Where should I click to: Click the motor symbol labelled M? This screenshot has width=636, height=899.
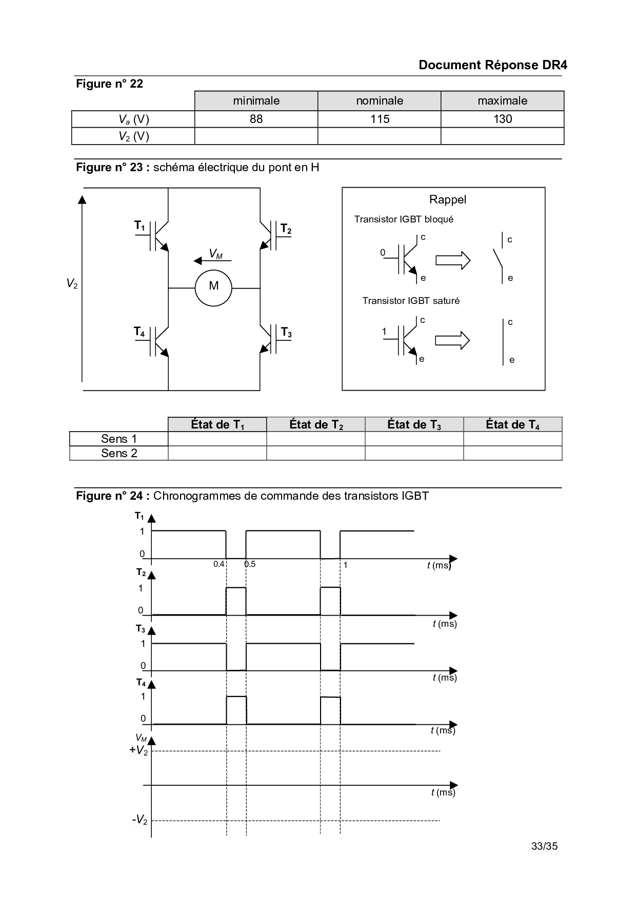coord(213,288)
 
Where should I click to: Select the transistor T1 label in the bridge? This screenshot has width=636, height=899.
coord(140,226)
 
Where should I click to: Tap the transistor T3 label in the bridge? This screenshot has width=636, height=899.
coord(286,333)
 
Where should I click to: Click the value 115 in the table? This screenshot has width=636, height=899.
coord(380,119)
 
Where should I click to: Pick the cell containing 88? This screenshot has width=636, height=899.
coord(256,119)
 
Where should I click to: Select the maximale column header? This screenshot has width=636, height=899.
coord(502,100)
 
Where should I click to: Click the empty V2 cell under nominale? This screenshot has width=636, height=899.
coord(380,136)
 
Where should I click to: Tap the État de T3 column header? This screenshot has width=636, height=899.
coord(414,424)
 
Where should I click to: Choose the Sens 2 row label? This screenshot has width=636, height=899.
coord(119,453)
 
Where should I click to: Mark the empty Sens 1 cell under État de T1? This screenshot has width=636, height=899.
coord(217,439)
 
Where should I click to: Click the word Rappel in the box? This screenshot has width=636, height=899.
coord(447,199)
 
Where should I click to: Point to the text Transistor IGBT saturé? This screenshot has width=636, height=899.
coord(411,301)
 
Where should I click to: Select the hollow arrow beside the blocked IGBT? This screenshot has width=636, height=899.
coord(452,260)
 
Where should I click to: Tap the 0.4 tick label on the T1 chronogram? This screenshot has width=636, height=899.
coord(219,564)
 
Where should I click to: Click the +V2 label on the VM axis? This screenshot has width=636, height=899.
coord(138,750)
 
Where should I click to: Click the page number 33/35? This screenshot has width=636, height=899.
coord(544,846)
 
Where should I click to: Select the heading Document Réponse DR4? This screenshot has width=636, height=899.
coord(492,65)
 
